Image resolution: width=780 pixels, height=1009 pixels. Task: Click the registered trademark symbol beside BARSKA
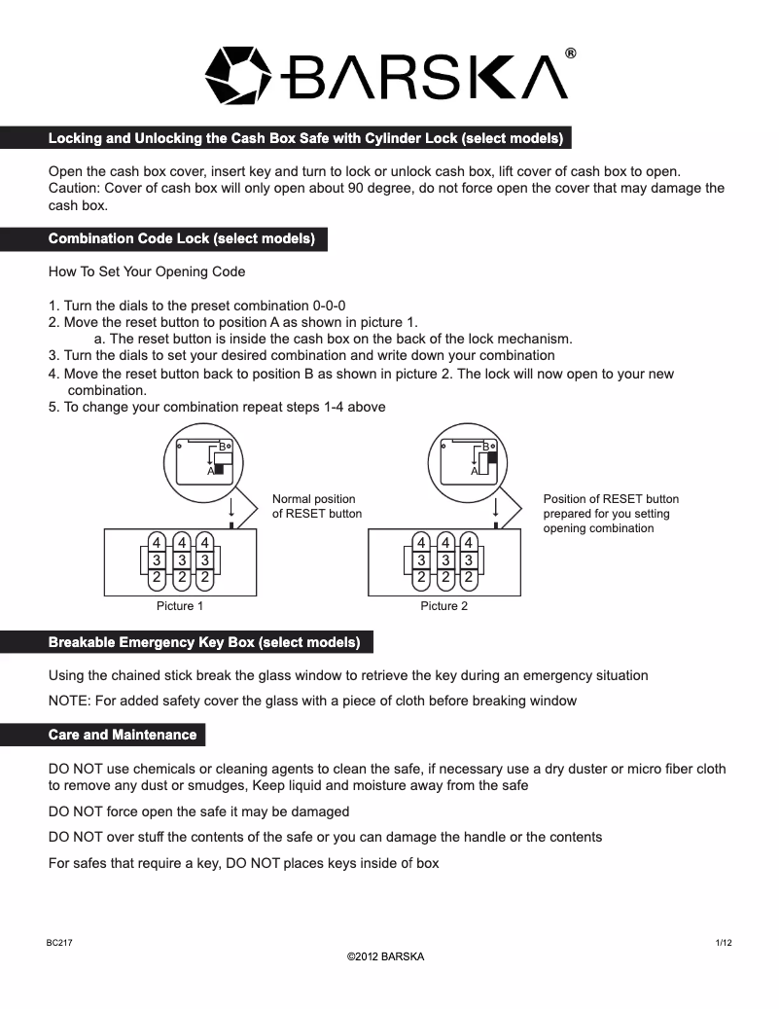pyautogui.click(x=571, y=54)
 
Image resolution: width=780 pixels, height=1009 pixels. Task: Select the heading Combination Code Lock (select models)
pyautogui.click(x=182, y=238)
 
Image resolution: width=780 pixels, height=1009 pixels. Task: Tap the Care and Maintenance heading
pyautogui.click(x=123, y=735)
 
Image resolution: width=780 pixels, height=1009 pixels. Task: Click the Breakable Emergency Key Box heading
pyautogui.click(x=204, y=642)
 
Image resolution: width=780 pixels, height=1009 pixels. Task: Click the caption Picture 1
pyautogui.click(x=180, y=606)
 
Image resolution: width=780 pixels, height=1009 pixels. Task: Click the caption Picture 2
pyautogui.click(x=444, y=606)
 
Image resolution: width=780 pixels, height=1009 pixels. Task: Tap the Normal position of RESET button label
pyautogui.click(x=316, y=506)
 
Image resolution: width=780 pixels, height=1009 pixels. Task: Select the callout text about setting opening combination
pyautogui.click(x=611, y=514)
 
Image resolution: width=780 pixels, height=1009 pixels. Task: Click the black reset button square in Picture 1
pyautogui.click(x=219, y=469)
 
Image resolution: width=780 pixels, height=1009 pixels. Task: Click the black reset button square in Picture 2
pyautogui.click(x=492, y=457)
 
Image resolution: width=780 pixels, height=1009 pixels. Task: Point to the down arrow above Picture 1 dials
pyautogui.click(x=231, y=508)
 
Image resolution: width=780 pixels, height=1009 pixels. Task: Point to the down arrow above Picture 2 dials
pyautogui.click(x=496, y=508)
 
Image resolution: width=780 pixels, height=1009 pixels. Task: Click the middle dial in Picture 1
pyautogui.click(x=181, y=560)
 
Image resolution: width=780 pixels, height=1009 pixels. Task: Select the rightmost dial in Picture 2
pyautogui.click(x=469, y=560)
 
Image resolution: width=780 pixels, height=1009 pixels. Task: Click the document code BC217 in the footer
pyautogui.click(x=59, y=943)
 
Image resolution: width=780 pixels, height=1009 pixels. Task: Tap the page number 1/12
pyautogui.click(x=724, y=943)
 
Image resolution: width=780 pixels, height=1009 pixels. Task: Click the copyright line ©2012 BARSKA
pyautogui.click(x=386, y=956)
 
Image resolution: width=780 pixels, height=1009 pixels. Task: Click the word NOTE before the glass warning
pyautogui.click(x=69, y=701)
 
